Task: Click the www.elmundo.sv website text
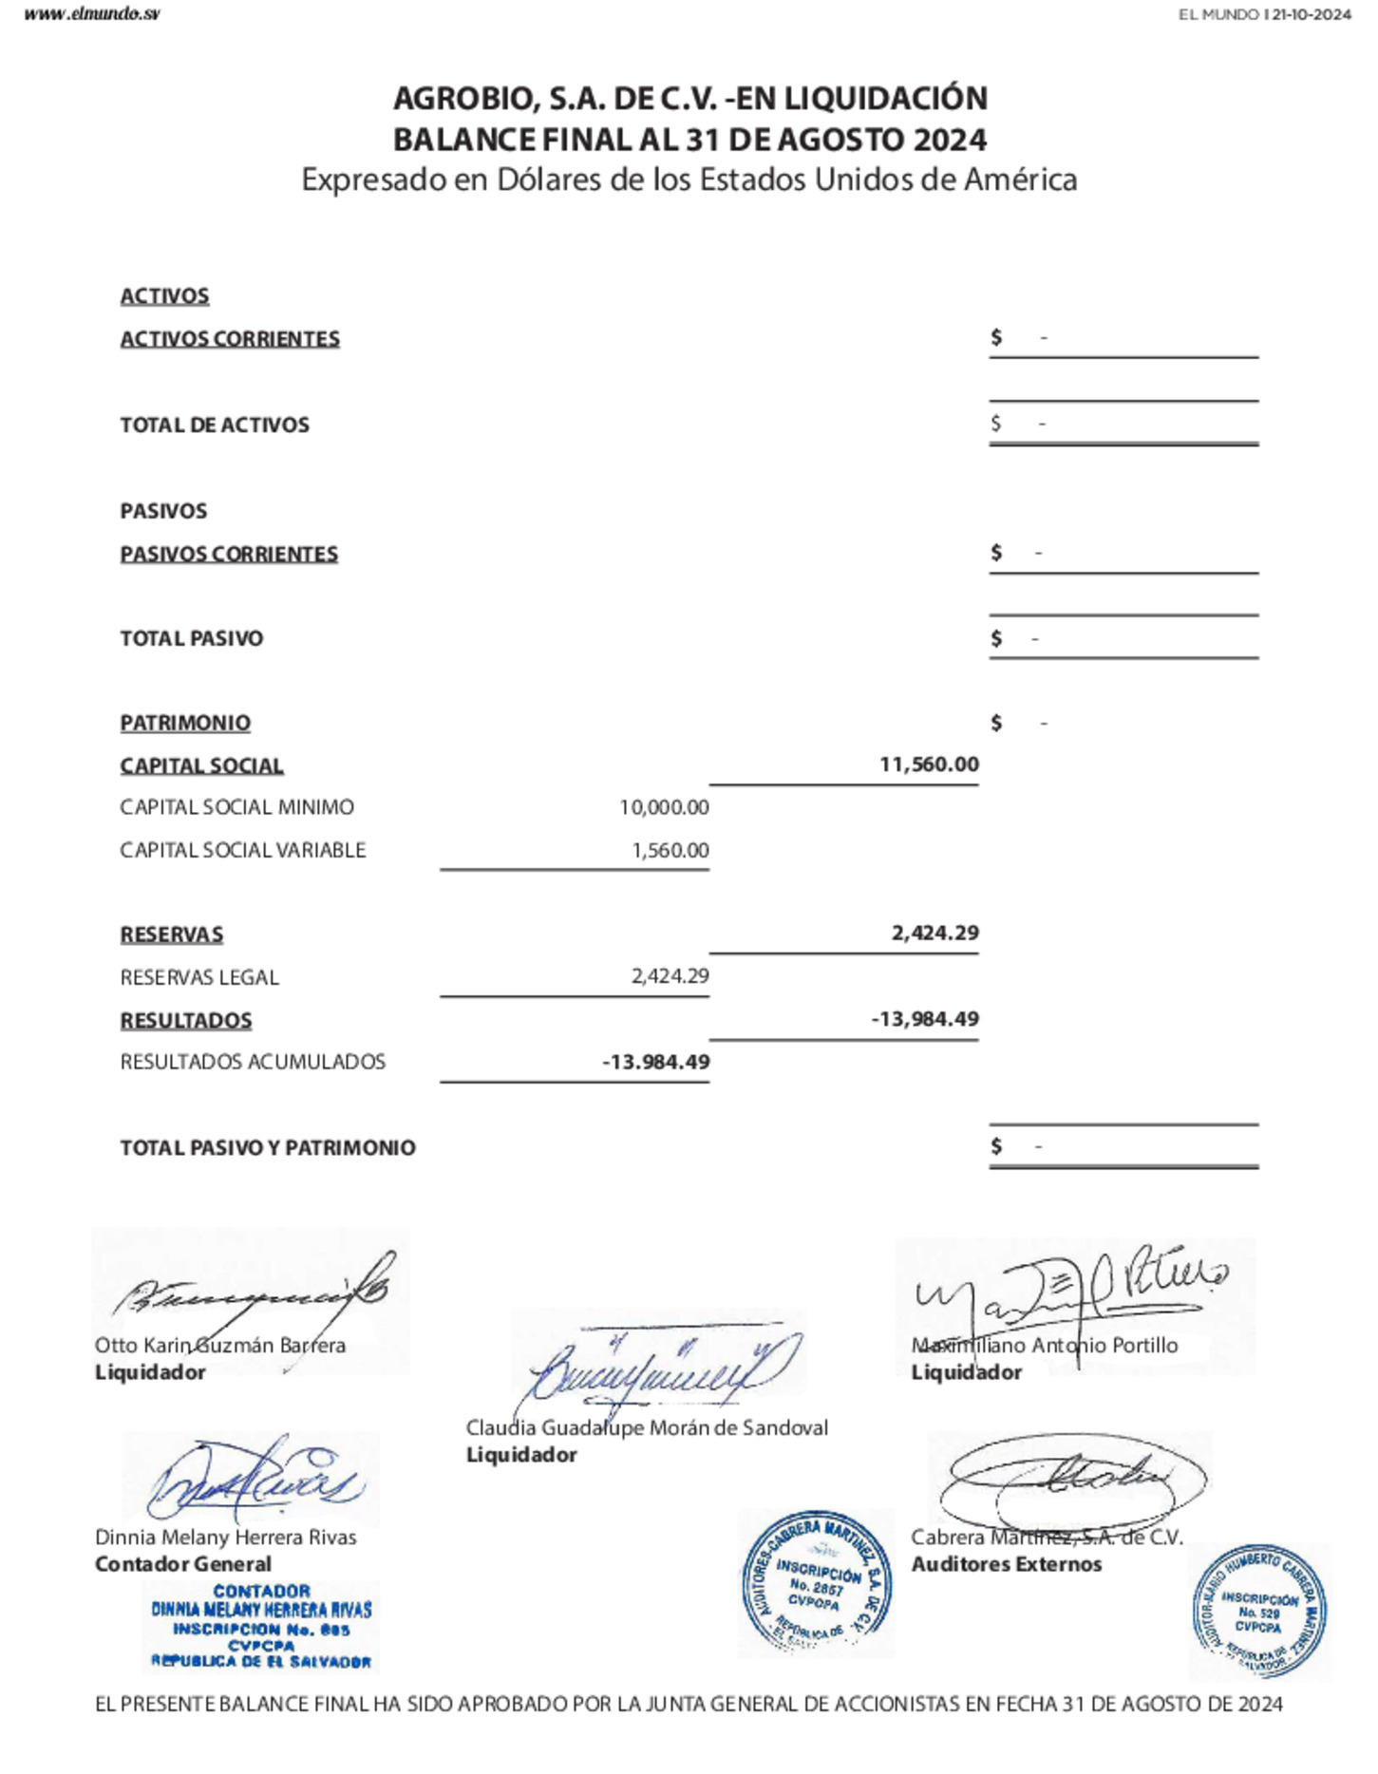click(x=92, y=14)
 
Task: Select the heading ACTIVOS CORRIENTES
click(x=230, y=339)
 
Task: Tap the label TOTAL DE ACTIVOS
click(x=215, y=425)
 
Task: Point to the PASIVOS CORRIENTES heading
click(x=229, y=554)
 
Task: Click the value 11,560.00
click(x=929, y=764)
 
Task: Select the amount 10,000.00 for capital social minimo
click(x=664, y=807)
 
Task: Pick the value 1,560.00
click(x=670, y=850)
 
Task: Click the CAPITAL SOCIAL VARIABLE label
click(x=242, y=850)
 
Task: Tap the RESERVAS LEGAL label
click(x=199, y=977)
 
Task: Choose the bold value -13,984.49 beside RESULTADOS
click(x=925, y=1019)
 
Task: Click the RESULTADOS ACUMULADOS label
click(x=253, y=1062)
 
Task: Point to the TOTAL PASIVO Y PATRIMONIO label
click(x=268, y=1147)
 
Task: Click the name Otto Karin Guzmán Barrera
click(x=220, y=1345)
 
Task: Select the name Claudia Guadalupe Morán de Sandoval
click(x=647, y=1427)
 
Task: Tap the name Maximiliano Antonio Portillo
click(x=1045, y=1345)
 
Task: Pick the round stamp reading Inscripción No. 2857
click(x=816, y=1583)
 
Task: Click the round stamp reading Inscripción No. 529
click(x=1259, y=1612)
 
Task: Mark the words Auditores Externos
click(x=1007, y=1564)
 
